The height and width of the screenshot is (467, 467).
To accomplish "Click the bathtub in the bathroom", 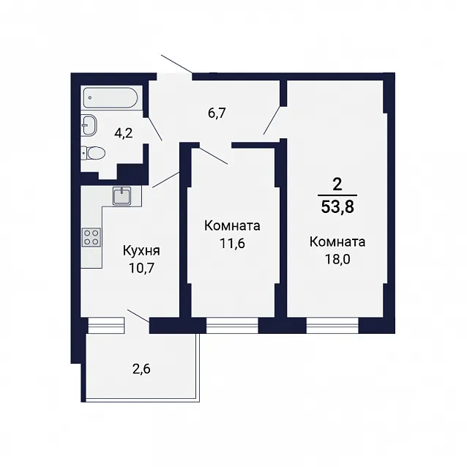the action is pyautogui.click(x=111, y=97).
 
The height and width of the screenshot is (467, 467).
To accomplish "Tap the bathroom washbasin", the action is pyautogui.click(x=89, y=125).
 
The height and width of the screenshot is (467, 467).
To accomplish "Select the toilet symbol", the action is pyautogui.click(x=93, y=154).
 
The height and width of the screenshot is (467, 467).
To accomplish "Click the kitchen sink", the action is pyautogui.click(x=122, y=195).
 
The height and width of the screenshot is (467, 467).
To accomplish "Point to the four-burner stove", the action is pyautogui.click(x=91, y=237).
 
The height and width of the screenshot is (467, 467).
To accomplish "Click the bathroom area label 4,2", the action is pyautogui.click(x=124, y=133).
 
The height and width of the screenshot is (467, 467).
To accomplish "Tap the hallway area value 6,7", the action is pyautogui.click(x=217, y=113).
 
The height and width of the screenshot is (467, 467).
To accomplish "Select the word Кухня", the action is pyautogui.click(x=141, y=251).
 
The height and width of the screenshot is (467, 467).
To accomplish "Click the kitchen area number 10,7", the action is pyautogui.click(x=141, y=269).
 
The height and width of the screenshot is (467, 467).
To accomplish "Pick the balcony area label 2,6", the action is pyautogui.click(x=141, y=369).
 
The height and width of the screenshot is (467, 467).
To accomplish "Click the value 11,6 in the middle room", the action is pyautogui.click(x=232, y=243).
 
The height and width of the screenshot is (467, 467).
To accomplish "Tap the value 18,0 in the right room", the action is pyautogui.click(x=337, y=259).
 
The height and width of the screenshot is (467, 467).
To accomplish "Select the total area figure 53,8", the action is pyautogui.click(x=337, y=207).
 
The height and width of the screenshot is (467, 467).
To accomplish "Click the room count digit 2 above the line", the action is pyautogui.click(x=337, y=185).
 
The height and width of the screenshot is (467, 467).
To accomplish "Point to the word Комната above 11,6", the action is pyautogui.click(x=232, y=226).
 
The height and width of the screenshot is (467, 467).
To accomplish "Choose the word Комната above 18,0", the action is pyautogui.click(x=337, y=242).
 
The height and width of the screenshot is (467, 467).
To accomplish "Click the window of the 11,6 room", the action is pyautogui.click(x=232, y=325).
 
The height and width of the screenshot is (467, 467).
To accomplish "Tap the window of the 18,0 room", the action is pyautogui.click(x=332, y=325).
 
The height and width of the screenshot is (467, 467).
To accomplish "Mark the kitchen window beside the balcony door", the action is pyautogui.click(x=106, y=325).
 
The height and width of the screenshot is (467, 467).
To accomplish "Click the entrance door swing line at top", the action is pyautogui.click(x=176, y=64).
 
